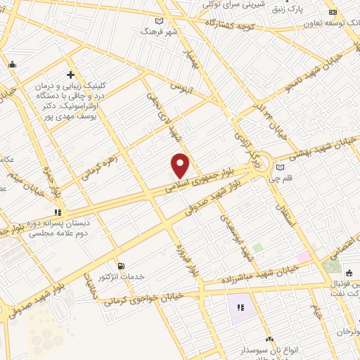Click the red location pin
pos(181,165)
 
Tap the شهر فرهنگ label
pos(156,32)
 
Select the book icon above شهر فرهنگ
pos(160,21)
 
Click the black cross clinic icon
pos(70,74)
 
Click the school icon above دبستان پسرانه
pos(58,211)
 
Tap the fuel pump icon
pos(121,266)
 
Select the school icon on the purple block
pos(240,307)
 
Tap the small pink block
pos(303,257)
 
